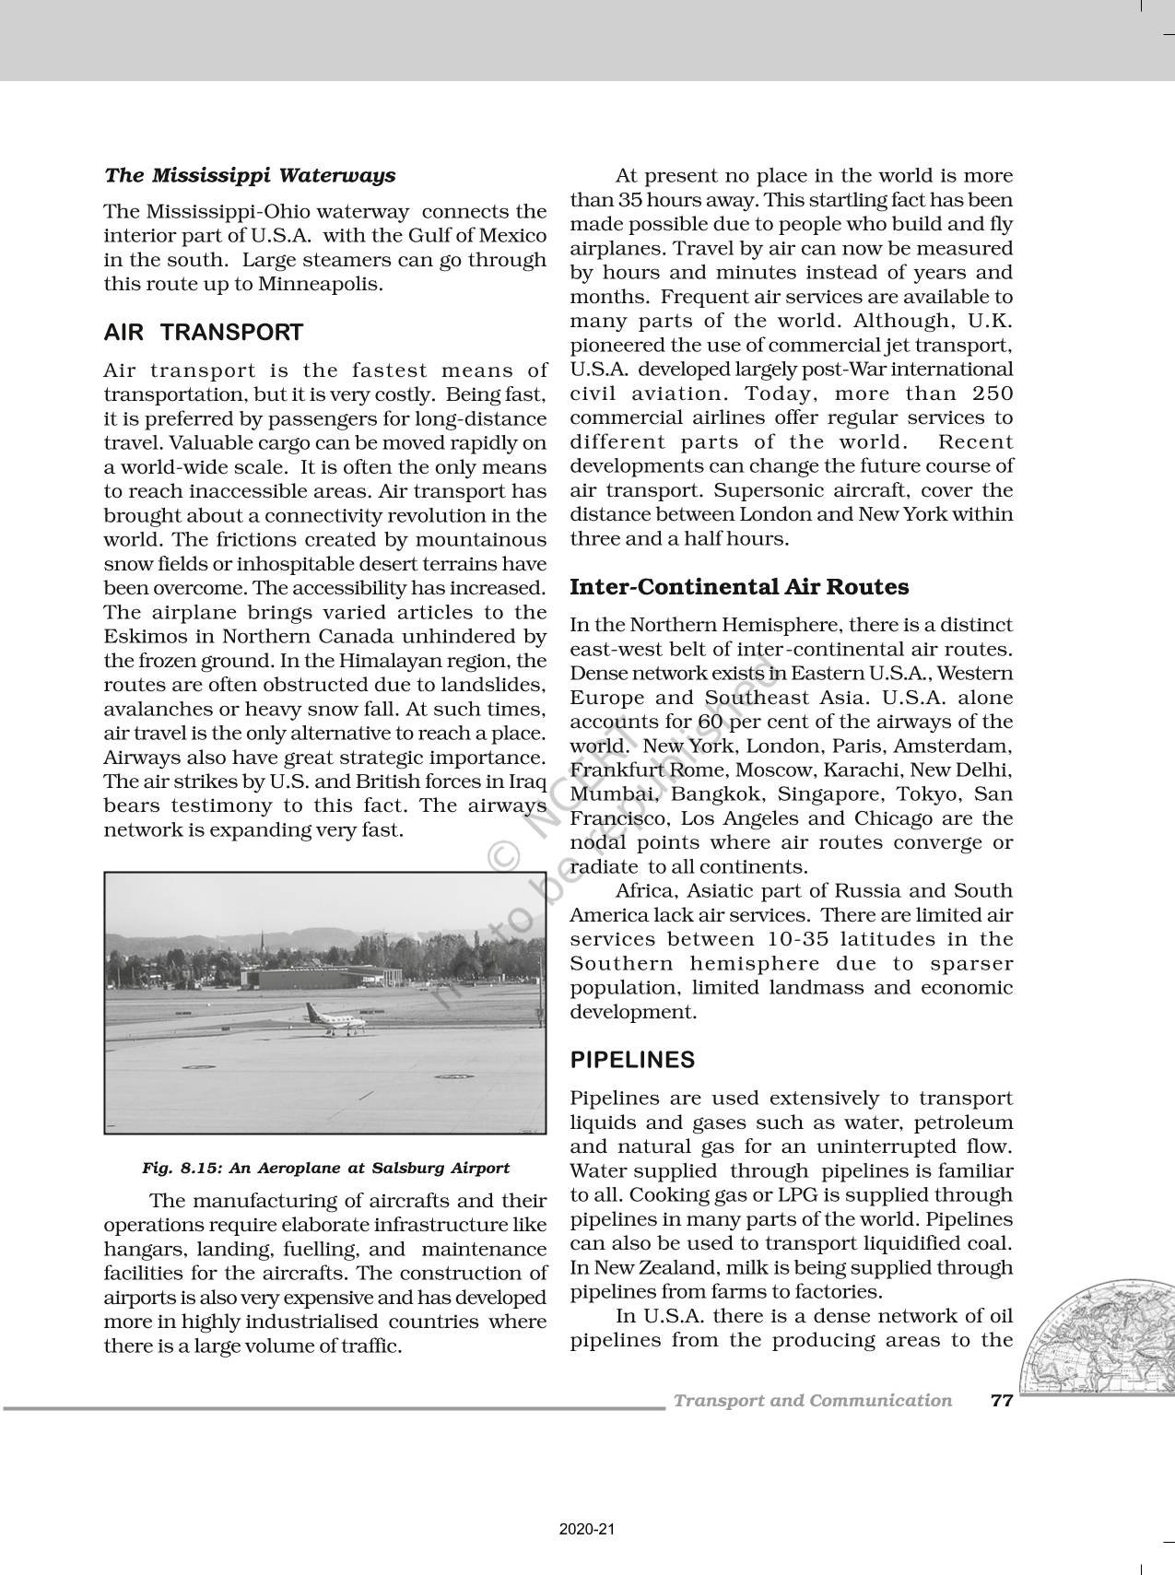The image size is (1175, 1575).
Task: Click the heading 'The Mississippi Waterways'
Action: (x=249, y=175)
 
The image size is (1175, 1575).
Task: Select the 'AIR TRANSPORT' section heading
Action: (x=203, y=333)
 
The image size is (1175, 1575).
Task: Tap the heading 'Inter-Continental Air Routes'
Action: (x=739, y=587)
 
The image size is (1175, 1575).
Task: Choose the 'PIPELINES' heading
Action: (x=632, y=1060)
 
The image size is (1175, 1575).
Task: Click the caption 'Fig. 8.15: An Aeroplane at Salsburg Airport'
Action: (x=325, y=1168)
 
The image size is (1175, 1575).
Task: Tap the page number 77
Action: (x=1001, y=1401)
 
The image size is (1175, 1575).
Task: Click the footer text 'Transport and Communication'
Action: (x=812, y=1401)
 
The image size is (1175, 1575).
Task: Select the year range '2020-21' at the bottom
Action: (x=586, y=1530)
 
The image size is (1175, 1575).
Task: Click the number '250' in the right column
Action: (x=993, y=394)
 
